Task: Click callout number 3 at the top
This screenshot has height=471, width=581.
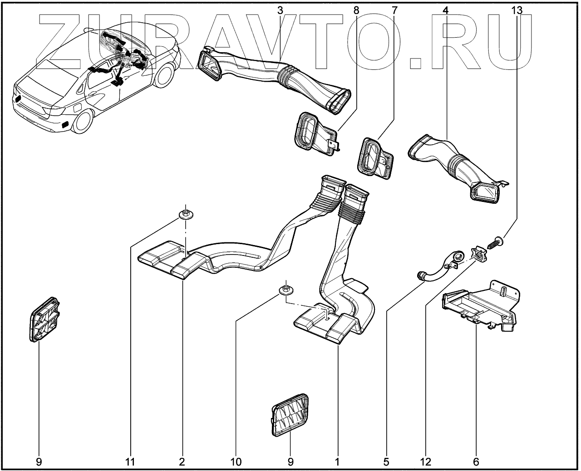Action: click(x=281, y=10)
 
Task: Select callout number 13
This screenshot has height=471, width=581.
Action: click(x=517, y=10)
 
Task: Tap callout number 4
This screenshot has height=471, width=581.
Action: click(x=445, y=10)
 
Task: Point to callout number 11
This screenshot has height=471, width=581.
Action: click(x=130, y=462)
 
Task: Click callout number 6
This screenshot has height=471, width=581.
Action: click(x=476, y=462)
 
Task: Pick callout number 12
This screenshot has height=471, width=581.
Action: click(x=425, y=462)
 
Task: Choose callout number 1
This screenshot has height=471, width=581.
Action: click(x=337, y=462)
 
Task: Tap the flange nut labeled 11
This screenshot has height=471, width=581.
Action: click(x=185, y=213)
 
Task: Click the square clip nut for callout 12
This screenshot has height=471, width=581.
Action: click(x=478, y=255)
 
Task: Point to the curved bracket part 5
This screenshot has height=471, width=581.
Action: click(x=438, y=268)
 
